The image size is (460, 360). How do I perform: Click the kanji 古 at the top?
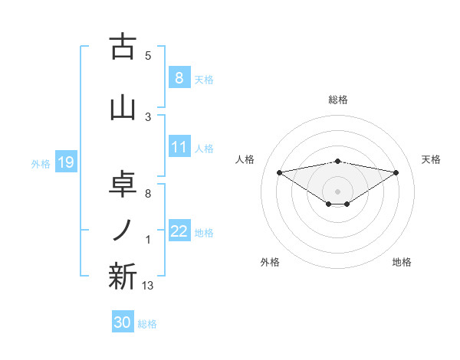[123, 47]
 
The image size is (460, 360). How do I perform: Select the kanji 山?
[123, 107]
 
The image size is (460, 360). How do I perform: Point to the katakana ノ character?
[123, 230]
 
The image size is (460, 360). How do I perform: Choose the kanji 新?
[123, 277]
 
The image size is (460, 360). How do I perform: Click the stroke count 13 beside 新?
[147, 286]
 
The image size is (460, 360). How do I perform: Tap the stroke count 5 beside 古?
[148, 55]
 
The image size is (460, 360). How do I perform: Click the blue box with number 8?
[179, 77]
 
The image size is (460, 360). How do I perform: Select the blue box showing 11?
[179, 147]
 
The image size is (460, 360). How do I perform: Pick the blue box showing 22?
[179, 231]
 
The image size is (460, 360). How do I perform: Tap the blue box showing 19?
[64, 162]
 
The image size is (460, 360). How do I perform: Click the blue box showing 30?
[122, 322]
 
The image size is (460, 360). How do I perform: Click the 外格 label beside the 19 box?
[40, 163]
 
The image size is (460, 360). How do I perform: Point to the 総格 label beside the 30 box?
[147, 324]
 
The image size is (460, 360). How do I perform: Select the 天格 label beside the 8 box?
[203, 79]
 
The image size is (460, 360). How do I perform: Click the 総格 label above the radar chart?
[337, 100]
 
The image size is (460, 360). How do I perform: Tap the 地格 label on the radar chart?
[402, 263]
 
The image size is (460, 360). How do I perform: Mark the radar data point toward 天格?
[396, 172]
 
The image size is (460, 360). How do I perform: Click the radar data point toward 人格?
[279, 172]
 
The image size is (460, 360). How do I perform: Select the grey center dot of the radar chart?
[337, 191]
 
